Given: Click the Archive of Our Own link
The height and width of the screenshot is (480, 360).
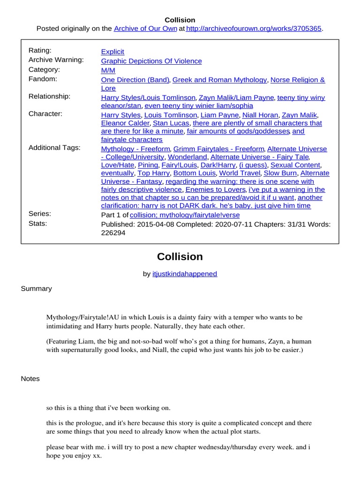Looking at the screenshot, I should click(145, 29).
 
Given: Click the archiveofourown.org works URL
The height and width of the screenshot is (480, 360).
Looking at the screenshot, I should click(254, 29).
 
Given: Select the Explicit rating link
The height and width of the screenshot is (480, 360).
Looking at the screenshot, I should click(112, 52).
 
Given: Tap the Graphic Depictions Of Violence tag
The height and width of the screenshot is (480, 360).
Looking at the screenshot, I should click(151, 61).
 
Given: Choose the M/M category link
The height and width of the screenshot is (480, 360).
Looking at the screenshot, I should click(108, 70).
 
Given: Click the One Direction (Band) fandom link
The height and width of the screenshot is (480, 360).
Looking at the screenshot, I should click(135, 80).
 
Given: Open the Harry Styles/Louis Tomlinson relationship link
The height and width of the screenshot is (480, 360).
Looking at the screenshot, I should click(148, 97).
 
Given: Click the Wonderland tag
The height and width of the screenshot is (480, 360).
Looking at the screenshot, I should click(187, 157).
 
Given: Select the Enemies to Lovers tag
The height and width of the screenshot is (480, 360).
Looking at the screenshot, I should click(215, 189).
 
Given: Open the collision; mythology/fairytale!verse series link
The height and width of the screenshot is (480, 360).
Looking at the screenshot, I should click(184, 215).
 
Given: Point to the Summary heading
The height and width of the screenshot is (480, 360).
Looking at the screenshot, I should click(36, 289).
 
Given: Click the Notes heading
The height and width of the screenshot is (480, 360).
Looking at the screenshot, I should click(30, 379).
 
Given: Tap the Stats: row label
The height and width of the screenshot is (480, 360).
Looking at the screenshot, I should click(37, 224).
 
